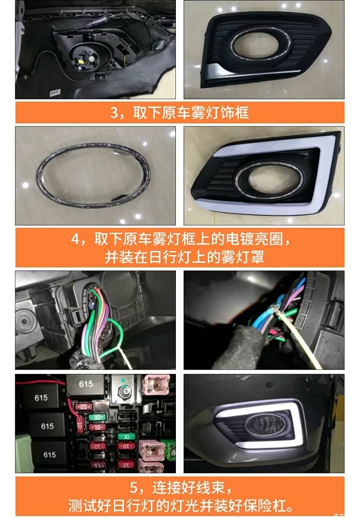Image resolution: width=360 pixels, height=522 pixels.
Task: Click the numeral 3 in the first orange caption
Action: click(114, 113)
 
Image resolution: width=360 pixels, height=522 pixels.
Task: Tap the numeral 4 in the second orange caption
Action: click(76, 239)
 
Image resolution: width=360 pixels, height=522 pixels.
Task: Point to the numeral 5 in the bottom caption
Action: click(134, 488)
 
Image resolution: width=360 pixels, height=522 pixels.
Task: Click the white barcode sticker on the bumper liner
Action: click(55, 92)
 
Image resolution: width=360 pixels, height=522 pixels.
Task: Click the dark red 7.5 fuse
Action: click(98, 464)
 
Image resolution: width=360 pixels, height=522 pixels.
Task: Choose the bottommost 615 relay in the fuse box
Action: click(49, 455)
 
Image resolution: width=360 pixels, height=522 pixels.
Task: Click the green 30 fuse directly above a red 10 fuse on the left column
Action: click(97, 417)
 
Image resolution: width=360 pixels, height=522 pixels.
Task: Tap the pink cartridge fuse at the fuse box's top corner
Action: click(156, 385)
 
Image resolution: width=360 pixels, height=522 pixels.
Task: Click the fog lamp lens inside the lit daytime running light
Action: click(265, 425)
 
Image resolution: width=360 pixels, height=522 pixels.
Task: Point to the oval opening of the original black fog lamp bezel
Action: click(260, 44)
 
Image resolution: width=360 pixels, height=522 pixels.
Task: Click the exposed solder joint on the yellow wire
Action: click(276, 310)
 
